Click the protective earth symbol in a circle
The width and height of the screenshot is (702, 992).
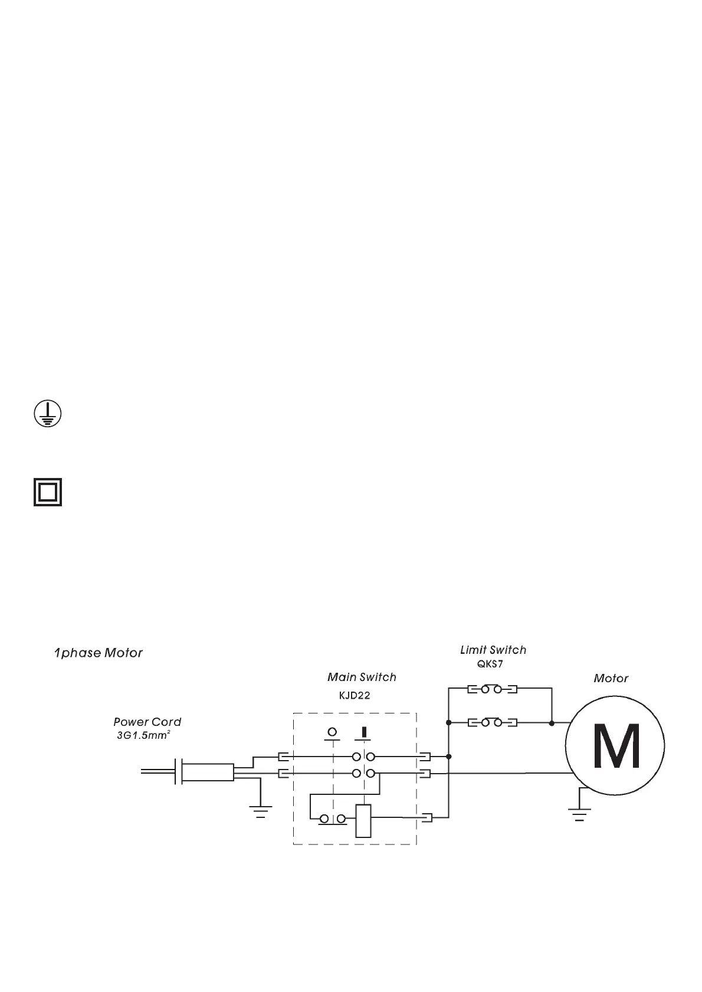coord(47,414)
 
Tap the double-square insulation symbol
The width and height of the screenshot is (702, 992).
coord(47,492)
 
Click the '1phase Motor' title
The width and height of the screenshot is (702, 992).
coord(99,653)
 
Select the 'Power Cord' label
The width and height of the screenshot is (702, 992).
coord(147,722)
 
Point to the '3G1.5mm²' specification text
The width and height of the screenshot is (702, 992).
coord(144,736)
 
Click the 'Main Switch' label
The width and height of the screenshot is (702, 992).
coord(362,677)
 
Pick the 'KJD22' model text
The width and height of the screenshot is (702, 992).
coord(355,695)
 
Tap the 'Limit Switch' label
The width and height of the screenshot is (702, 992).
coord(493,650)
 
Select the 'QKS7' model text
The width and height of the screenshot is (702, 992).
coord(490,664)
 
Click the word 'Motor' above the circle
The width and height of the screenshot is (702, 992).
coord(611,679)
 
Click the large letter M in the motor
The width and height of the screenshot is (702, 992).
coord(616,746)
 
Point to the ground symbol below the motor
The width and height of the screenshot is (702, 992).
coord(579,814)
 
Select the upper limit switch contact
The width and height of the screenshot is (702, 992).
coord(493,689)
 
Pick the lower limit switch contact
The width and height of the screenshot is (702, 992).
coord(493,722)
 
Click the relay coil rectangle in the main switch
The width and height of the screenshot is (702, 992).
coord(363,821)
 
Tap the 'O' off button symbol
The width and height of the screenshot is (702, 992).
coord(332,733)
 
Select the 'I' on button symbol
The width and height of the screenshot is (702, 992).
coord(363,734)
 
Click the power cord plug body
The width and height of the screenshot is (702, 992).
coord(206,772)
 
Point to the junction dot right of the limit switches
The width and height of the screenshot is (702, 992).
coord(552,723)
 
